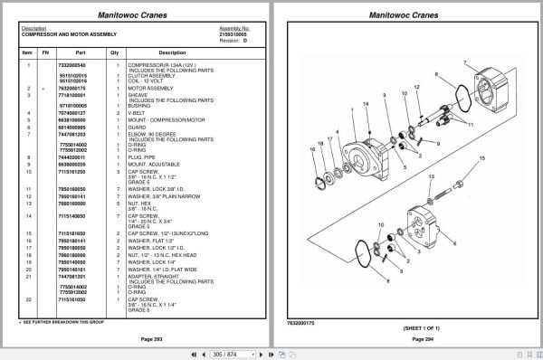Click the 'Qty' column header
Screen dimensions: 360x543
(115, 52)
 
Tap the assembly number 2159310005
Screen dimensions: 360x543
(233, 33)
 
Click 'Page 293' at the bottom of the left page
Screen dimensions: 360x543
(138, 338)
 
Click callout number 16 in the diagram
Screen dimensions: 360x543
(313, 149)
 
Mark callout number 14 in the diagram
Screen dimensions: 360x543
(367, 106)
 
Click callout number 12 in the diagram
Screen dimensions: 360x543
(416, 88)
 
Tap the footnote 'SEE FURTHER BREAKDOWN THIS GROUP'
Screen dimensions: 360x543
(63, 321)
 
